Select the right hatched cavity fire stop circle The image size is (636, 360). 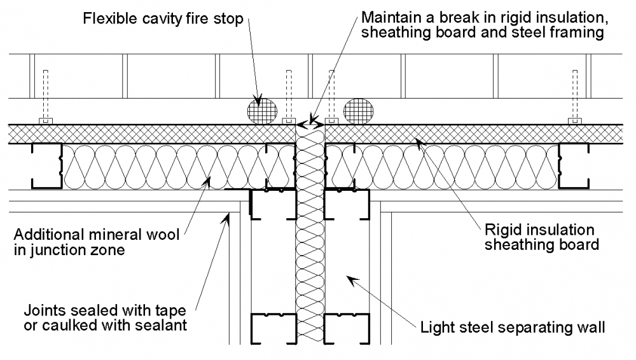[358, 110]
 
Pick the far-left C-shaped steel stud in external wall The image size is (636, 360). [46, 166]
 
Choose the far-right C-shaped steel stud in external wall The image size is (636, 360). [573, 166]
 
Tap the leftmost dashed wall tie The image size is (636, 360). [45, 96]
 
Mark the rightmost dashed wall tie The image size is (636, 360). [576, 96]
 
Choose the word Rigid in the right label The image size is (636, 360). [500, 229]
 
